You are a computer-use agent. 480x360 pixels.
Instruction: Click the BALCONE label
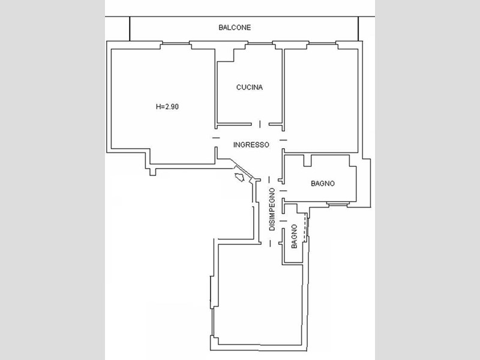click(235, 28)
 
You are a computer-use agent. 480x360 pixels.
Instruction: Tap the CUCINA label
click(249, 87)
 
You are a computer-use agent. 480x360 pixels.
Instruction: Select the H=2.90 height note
click(167, 107)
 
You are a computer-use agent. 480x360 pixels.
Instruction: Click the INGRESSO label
click(251, 145)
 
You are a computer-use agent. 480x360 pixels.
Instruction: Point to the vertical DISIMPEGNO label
click(272, 209)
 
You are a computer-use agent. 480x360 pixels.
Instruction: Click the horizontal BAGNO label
click(323, 184)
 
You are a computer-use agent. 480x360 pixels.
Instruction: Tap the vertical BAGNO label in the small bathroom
click(294, 236)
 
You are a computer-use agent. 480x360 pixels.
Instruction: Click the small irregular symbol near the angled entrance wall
click(239, 177)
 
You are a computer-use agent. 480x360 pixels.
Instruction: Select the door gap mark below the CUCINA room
click(260, 124)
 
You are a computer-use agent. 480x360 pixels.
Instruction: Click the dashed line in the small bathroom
click(305, 227)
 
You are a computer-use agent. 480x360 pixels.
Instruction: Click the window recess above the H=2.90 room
click(176, 46)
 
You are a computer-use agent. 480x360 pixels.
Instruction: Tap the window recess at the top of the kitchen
click(260, 46)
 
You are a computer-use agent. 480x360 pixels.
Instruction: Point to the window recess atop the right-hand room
click(322, 46)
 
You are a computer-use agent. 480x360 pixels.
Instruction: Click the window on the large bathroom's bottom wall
click(338, 203)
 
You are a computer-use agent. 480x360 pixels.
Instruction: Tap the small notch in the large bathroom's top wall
click(307, 161)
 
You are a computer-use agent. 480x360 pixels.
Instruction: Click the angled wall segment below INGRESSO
click(241, 169)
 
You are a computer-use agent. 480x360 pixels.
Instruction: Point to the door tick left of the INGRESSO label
click(216, 138)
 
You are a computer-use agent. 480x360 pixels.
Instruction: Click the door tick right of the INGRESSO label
click(283, 140)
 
